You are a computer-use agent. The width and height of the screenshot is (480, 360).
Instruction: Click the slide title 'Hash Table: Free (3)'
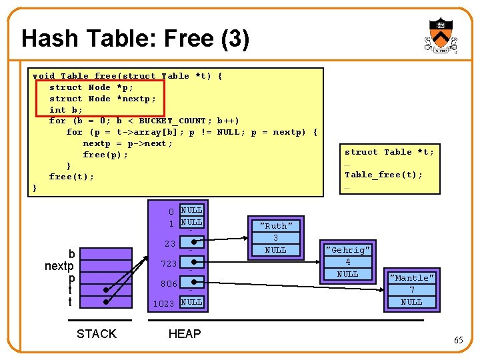tap(135, 39)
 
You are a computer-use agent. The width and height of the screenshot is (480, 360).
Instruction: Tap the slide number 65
tap(458, 341)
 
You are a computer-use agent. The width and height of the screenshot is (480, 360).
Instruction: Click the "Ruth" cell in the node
tap(275, 226)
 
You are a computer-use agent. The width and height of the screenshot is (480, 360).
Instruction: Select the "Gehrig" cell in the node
tap(347, 250)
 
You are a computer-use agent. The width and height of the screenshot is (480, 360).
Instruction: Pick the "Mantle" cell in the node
tap(411, 278)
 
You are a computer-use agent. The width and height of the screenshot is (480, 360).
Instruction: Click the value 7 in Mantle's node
tap(411, 290)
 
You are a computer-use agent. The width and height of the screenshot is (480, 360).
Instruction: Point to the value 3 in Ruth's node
tap(275, 238)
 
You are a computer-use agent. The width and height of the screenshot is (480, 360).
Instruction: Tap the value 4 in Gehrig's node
tap(347, 262)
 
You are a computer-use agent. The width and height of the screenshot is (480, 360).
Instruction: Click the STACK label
tap(97, 334)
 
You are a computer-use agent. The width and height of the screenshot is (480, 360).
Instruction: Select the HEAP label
tap(185, 334)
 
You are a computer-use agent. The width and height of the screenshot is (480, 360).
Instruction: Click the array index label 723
tap(169, 265)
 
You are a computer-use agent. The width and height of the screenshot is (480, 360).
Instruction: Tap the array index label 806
tap(169, 284)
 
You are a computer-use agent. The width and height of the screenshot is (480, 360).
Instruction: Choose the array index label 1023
tap(164, 304)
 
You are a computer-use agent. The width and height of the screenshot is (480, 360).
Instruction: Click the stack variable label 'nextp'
tap(59, 266)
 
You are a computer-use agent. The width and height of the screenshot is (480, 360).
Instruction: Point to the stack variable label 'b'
tap(71, 254)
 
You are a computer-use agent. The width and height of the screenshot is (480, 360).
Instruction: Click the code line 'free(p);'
tap(105, 155)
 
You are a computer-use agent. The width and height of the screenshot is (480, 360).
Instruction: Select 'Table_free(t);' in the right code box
tap(383, 175)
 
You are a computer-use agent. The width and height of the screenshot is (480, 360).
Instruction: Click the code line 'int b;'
tap(66, 110)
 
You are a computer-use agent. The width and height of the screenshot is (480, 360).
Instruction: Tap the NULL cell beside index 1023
tap(192, 302)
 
